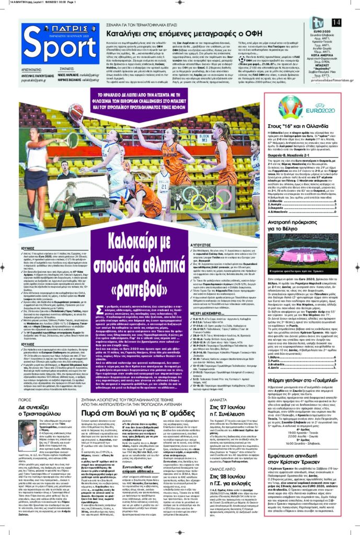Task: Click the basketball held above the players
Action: click(x=76, y=111)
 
